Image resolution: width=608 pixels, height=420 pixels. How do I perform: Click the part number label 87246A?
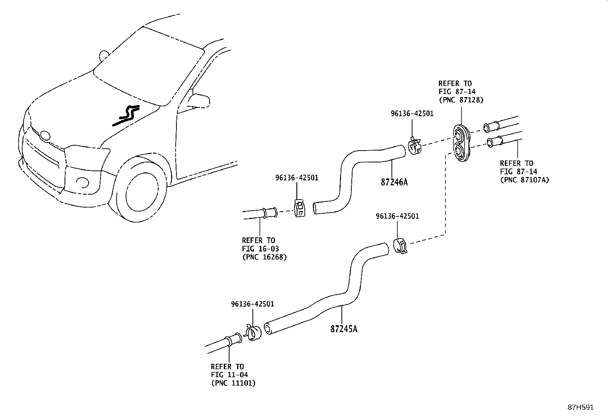(394, 182)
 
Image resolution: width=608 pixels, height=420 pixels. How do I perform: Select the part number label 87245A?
(344, 329)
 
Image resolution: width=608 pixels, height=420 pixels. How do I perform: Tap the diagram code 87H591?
(580, 407)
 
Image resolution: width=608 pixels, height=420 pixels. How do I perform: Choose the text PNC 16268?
(264, 257)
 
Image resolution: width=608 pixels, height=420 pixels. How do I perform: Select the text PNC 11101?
(233, 383)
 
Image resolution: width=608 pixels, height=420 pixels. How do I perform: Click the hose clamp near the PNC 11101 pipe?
(252, 333)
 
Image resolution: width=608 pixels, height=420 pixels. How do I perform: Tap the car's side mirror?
(199, 100)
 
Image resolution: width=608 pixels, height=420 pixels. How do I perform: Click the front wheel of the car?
(141, 195)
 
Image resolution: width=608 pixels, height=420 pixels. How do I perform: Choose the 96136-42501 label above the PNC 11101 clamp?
(252, 304)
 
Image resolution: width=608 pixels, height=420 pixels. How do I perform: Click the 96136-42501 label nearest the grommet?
(412, 114)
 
